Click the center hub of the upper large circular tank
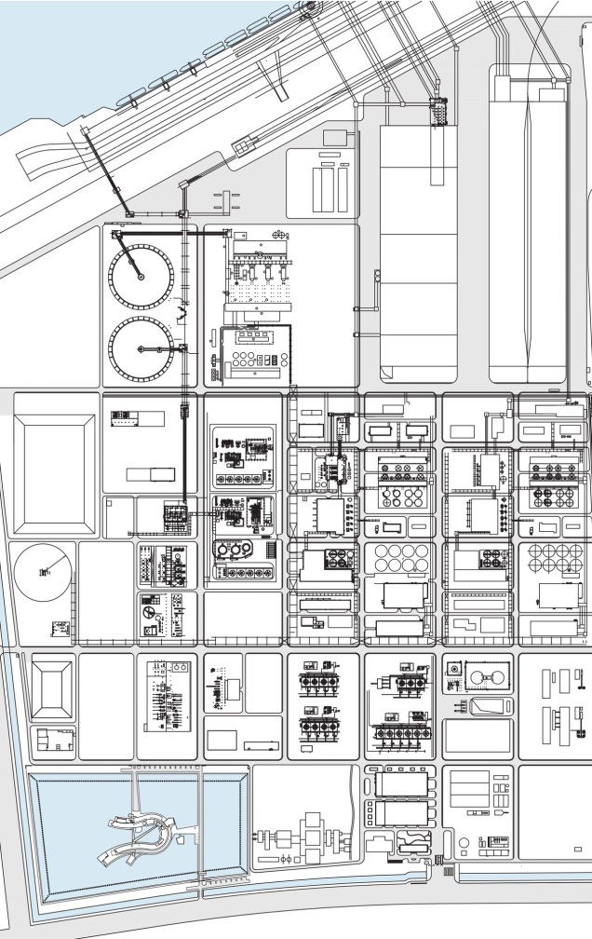141,275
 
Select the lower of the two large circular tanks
141,348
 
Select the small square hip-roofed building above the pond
52,688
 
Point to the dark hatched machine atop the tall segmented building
437,112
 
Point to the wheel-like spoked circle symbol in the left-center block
149,615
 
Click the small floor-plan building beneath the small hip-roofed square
53,742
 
